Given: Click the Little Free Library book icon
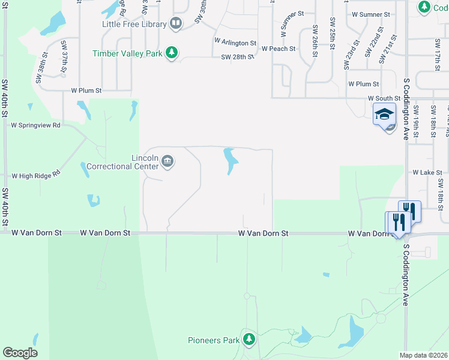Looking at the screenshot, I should pyautogui.click(x=176, y=24).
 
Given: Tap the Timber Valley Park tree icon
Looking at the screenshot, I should pyautogui.click(x=172, y=53).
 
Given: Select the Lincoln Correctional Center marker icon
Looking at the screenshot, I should pyautogui.click(x=167, y=161).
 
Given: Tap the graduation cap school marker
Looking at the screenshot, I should pyautogui.click(x=384, y=113).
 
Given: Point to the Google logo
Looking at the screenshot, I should pyautogui.click(x=20, y=353).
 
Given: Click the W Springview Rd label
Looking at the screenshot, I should pyautogui.click(x=36, y=125).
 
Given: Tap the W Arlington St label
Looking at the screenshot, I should pyautogui.click(x=235, y=43).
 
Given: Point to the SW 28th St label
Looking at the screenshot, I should pyautogui.click(x=237, y=57).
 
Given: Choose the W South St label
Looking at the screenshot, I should pyautogui.click(x=384, y=98).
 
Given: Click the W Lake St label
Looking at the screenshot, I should pyautogui.click(x=427, y=172).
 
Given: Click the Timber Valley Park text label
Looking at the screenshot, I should pyautogui.click(x=127, y=53).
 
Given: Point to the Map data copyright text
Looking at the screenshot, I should pyautogui.click(x=424, y=355).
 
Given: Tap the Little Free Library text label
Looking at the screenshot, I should pyautogui.click(x=134, y=25).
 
